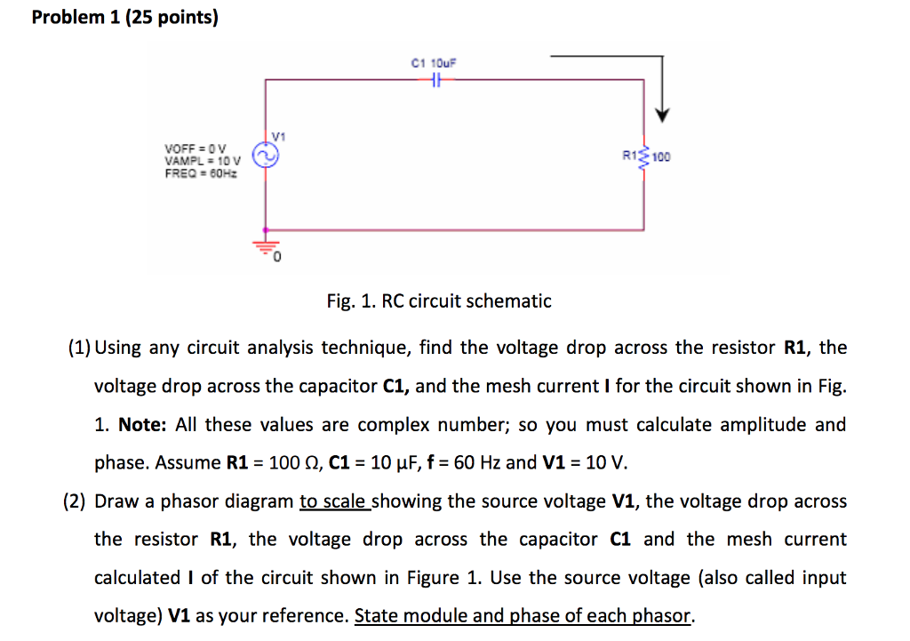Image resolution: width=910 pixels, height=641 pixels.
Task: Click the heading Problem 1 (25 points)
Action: click(124, 17)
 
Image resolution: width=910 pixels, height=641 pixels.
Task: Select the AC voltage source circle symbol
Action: click(265, 156)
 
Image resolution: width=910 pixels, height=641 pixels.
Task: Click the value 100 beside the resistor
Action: click(662, 157)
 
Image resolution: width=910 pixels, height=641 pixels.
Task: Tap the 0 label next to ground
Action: click(277, 258)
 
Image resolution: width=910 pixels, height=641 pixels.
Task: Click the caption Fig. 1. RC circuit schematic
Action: click(439, 301)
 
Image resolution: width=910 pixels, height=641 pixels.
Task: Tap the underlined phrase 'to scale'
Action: click(334, 501)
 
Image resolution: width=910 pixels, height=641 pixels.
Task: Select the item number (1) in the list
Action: click(78, 348)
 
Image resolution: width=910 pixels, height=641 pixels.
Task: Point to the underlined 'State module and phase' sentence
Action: click(523, 616)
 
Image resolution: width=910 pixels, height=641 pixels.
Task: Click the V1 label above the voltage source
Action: click(278, 136)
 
